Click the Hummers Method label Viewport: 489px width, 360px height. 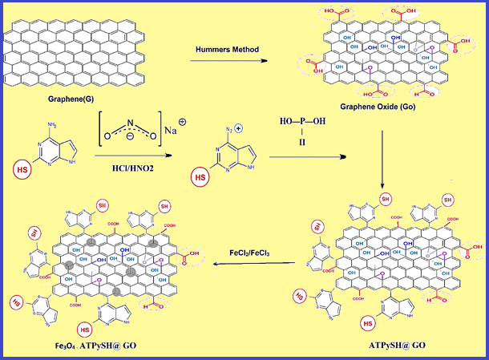coord(226,50)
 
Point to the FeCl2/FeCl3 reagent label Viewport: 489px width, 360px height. coord(251,252)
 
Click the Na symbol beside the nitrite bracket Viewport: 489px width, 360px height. coord(169,131)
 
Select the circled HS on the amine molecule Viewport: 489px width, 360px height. coord(21,168)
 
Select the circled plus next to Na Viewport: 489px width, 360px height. coord(183,123)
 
